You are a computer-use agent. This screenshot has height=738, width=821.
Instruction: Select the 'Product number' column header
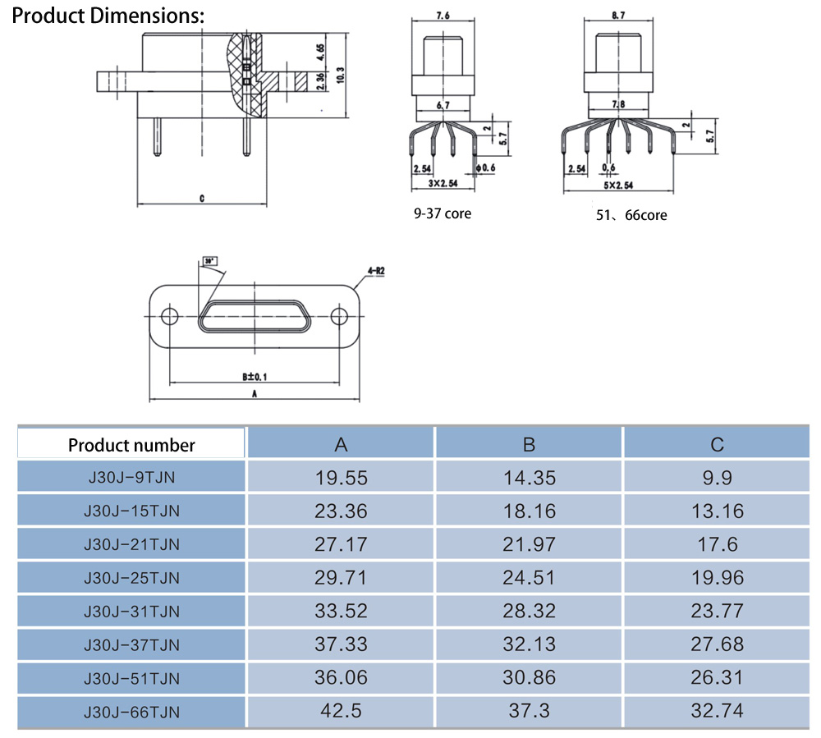click(131, 445)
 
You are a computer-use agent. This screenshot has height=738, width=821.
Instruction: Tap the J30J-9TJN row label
click(131, 477)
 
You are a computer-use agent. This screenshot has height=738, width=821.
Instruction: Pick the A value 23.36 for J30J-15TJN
click(341, 511)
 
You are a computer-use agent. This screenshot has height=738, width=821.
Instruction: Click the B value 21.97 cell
click(529, 543)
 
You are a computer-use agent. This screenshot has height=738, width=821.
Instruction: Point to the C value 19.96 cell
click(717, 577)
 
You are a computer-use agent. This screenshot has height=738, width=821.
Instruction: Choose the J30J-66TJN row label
click(131, 711)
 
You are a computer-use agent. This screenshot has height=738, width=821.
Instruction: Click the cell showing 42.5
click(341, 710)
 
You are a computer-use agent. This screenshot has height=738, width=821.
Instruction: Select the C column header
click(717, 444)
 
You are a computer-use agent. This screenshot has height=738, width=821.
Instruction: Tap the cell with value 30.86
click(529, 677)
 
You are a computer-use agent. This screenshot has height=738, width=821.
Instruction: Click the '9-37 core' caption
click(443, 214)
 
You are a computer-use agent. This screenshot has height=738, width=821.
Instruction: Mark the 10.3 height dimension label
click(340, 74)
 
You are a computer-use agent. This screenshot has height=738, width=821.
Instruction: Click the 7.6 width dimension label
click(443, 16)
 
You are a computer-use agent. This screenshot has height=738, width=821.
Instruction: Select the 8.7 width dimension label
click(617, 16)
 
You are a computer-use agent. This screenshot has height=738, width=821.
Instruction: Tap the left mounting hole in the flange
click(169, 317)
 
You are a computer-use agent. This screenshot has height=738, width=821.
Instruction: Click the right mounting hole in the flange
click(338, 317)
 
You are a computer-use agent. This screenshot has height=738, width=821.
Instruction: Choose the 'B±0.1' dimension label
click(255, 376)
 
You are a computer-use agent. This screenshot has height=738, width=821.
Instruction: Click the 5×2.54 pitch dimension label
click(617, 186)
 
